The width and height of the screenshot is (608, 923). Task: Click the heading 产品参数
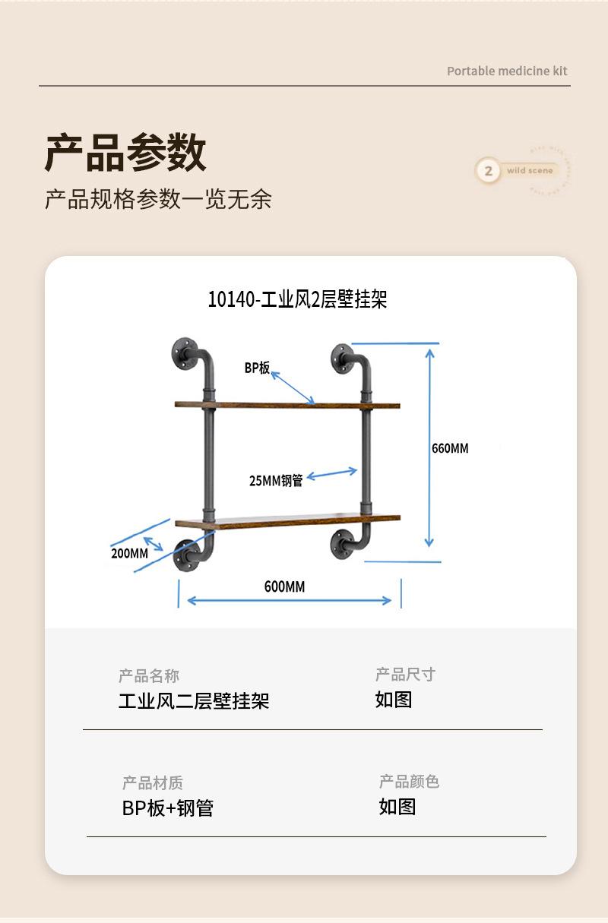[x=125, y=153]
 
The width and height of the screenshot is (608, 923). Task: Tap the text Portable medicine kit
[x=507, y=71]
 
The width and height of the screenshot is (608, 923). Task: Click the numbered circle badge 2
[x=488, y=171]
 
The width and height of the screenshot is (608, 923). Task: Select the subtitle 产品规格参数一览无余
[x=158, y=199]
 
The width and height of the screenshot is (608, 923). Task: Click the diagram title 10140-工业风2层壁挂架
[x=297, y=299]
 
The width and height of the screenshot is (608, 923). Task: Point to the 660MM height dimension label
[x=450, y=448]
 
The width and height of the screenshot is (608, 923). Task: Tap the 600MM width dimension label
[x=284, y=586]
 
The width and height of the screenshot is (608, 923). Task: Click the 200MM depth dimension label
[x=129, y=553]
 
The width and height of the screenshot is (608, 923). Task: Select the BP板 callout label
[x=257, y=368]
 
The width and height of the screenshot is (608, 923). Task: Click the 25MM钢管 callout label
[x=276, y=480]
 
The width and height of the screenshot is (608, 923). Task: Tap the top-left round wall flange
[x=185, y=352]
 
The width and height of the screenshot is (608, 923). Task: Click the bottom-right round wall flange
[x=342, y=543]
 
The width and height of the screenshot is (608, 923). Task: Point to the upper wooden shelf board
[x=287, y=405]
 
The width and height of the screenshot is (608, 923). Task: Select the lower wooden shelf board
[x=287, y=522]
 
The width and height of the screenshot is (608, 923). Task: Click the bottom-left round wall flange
[x=186, y=555]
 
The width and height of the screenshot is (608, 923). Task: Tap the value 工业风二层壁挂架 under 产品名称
[x=194, y=700]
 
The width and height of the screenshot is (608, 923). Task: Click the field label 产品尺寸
[x=405, y=675]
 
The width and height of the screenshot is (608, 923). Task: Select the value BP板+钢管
[x=168, y=808]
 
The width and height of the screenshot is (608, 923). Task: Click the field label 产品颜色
[x=409, y=782]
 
